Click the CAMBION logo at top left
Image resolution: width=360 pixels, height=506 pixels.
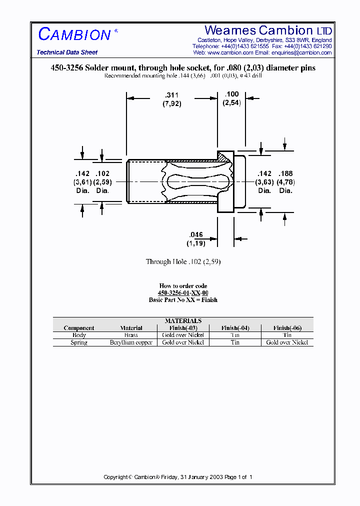(x=74, y=34)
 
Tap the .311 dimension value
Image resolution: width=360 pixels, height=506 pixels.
(x=171, y=94)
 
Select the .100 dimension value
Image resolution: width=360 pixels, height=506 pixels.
(x=231, y=94)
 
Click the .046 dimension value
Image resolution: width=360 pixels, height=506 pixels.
(x=196, y=234)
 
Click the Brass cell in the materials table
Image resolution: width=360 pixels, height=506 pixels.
(x=131, y=335)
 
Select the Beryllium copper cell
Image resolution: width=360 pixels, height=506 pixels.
(x=131, y=342)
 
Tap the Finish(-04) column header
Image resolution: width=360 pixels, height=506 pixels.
(x=235, y=328)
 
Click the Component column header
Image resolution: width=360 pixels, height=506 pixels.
(x=79, y=328)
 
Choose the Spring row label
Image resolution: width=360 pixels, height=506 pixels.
(x=79, y=342)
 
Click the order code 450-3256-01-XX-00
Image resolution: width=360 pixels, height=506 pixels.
(x=183, y=293)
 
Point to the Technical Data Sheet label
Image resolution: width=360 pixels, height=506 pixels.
(x=67, y=52)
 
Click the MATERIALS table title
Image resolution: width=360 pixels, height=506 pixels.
(x=183, y=321)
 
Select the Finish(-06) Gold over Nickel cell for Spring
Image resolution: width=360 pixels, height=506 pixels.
(x=287, y=342)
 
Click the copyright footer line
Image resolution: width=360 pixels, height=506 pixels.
(x=178, y=477)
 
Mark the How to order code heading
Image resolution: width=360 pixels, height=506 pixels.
(x=183, y=286)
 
